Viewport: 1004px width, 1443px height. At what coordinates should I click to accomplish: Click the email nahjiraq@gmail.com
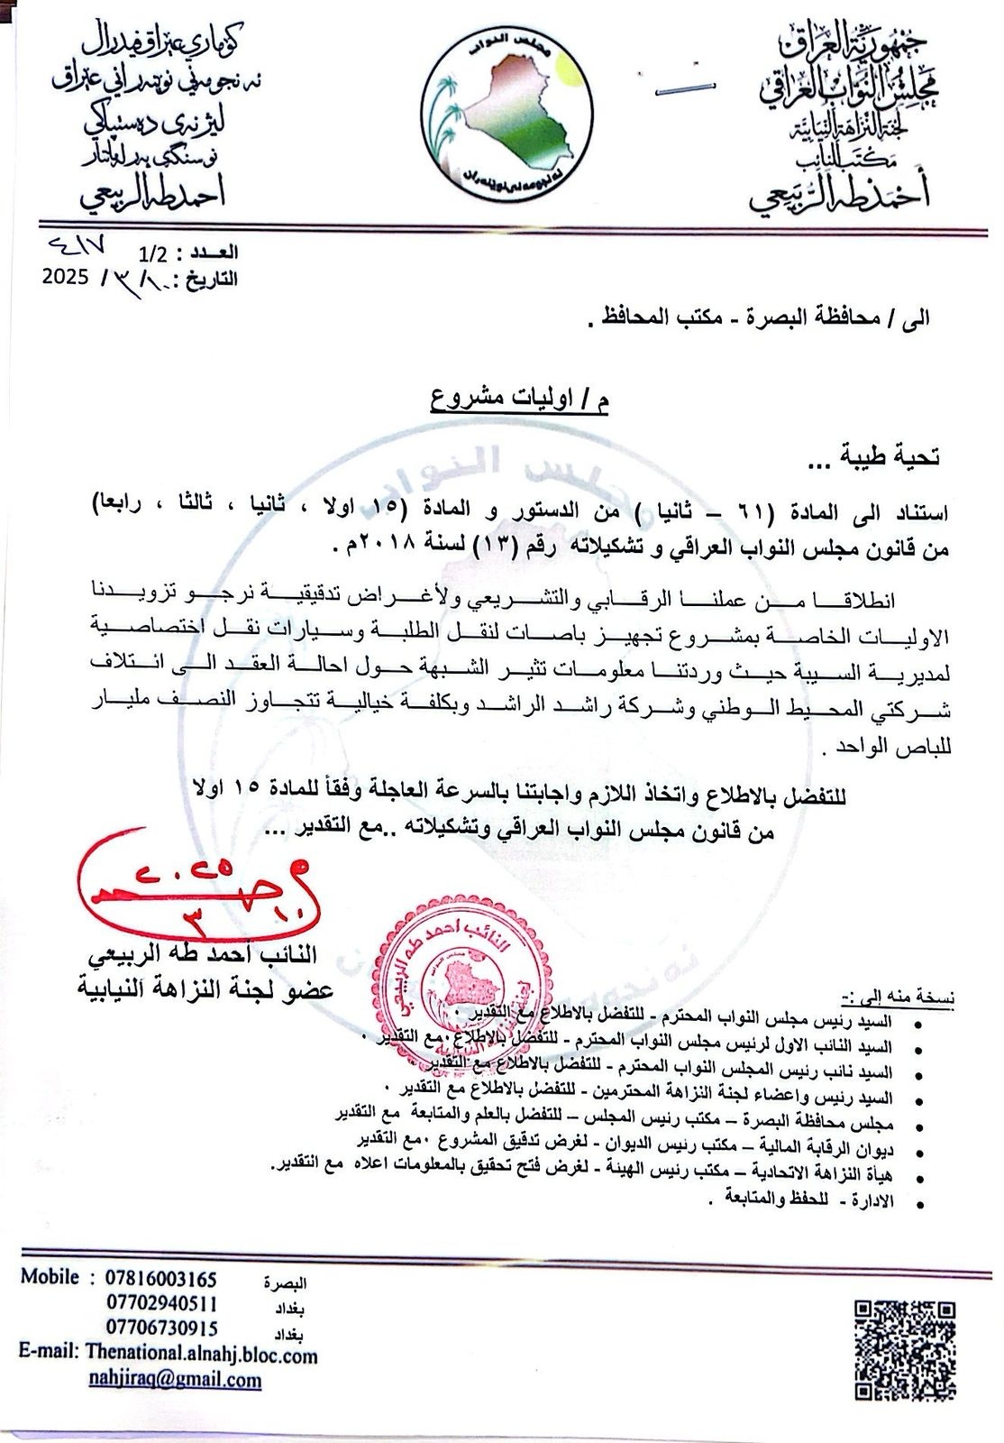tap(175, 1379)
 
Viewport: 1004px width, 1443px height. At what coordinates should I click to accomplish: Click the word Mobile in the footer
tap(50, 1278)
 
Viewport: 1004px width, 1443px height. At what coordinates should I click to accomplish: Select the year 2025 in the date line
tap(65, 276)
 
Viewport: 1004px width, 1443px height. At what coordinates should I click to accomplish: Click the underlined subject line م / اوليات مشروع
tap(518, 399)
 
